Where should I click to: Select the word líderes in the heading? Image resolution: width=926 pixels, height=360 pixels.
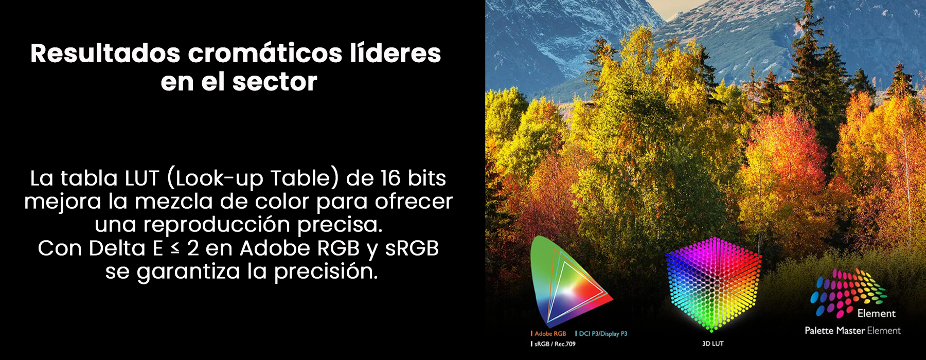(x=395, y=53)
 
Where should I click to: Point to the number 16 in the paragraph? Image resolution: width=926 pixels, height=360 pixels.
(x=390, y=178)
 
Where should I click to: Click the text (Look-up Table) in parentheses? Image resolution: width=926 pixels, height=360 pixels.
(x=253, y=178)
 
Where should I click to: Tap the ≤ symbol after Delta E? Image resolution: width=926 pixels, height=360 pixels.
(x=175, y=248)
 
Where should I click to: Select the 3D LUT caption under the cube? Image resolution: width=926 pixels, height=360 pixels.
(x=713, y=344)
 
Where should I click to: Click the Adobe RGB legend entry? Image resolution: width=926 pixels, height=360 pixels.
(x=548, y=334)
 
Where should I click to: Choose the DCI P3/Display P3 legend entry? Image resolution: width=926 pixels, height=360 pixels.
(x=601, y=334)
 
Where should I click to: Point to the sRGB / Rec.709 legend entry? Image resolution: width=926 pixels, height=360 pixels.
(x=553, y=344)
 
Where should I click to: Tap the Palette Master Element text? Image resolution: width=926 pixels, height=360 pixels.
(x=852, y=331)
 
